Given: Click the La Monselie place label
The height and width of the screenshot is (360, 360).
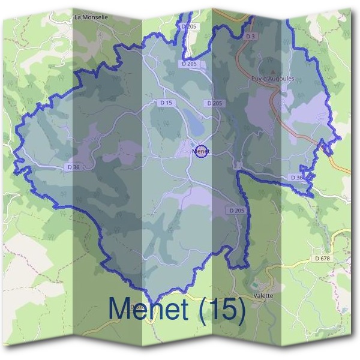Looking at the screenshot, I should point(91,17).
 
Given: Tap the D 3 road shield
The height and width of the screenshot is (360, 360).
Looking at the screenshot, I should point(251,37).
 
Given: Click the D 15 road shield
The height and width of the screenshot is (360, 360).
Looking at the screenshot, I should point(166,103).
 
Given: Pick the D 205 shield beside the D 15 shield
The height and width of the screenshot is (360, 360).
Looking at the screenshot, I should point(214,103).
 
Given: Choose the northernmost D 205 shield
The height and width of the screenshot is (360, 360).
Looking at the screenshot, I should point(188,26).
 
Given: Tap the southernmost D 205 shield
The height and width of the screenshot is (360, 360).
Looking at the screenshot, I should point(236,211).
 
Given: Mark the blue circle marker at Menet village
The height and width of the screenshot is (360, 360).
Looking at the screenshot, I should point(202,152).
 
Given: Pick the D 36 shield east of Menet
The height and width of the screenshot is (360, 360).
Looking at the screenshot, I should point(296,178).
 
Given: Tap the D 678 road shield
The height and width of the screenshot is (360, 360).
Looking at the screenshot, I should point(322,259).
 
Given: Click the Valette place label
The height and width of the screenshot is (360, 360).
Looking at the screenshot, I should point(264,296).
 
